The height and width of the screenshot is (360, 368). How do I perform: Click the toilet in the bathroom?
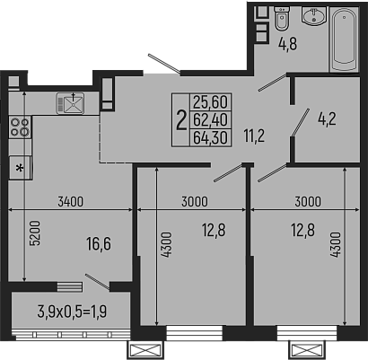point(281,22)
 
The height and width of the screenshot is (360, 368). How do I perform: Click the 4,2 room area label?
point(325,116)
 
